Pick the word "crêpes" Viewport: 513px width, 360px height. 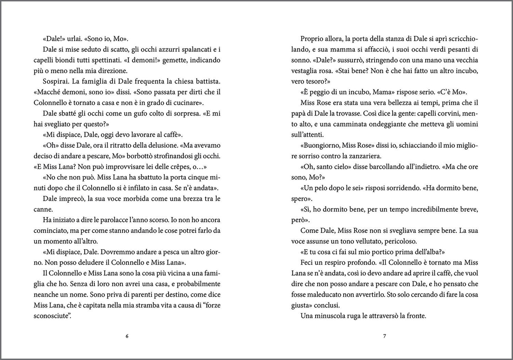(170, 167)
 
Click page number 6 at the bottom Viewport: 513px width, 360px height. (127, 337)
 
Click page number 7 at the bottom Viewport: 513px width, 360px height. (384, 337)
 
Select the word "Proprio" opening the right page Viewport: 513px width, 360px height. (312, 39)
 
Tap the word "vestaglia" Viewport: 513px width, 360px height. (306, 71)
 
